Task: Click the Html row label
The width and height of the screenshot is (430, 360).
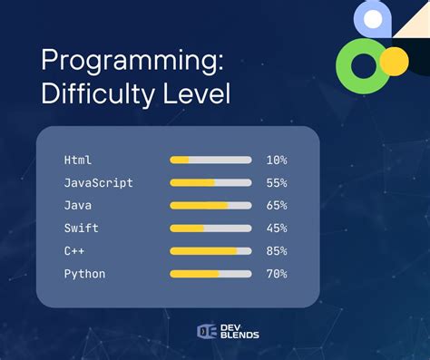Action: click(78, 161)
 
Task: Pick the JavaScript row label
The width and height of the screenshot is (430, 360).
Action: click(98, 183)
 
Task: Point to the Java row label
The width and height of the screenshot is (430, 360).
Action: click(78, 206)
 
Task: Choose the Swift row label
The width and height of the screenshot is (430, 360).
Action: click(82, 229)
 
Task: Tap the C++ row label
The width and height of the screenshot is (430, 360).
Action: click(74, 251)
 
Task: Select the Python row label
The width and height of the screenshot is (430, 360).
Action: click(84, 274)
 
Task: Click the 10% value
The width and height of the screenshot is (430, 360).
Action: click(277, 161)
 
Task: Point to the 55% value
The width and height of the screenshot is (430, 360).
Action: click(277, 183)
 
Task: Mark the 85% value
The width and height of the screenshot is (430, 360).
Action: click(277, 251)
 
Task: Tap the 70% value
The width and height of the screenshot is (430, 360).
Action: click(277, 274)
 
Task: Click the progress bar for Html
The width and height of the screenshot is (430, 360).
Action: click(210, 161)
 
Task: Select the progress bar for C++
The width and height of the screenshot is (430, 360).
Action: click(210, 251)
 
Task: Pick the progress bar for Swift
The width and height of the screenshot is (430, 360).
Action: click(210, 229)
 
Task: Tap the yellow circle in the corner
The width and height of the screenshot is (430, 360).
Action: click(394, 62)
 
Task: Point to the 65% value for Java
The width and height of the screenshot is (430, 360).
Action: click(277, 206)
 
